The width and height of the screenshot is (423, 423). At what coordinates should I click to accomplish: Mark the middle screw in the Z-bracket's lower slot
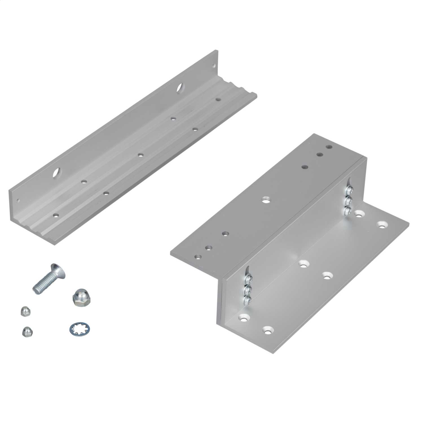(x=248, y=289)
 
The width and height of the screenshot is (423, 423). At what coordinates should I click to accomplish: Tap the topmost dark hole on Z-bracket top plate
(x=328, y=147)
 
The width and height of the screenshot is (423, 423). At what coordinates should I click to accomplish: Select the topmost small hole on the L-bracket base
(x=218, y=100)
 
